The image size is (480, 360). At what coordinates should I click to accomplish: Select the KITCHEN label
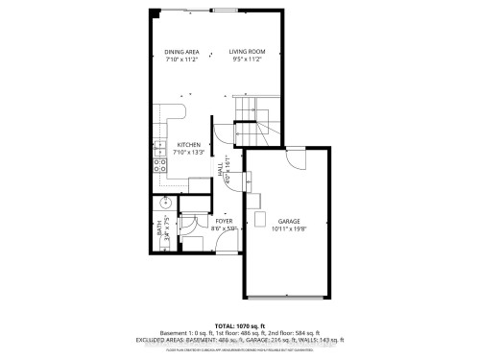(188, 144)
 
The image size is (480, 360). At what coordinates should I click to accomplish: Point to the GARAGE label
(289, 220)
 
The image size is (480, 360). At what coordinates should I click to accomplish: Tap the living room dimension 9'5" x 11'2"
(247, 59)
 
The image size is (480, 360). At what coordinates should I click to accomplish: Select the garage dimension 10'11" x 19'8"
(289, 228)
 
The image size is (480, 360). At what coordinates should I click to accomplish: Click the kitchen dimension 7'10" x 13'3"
(188, 152)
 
